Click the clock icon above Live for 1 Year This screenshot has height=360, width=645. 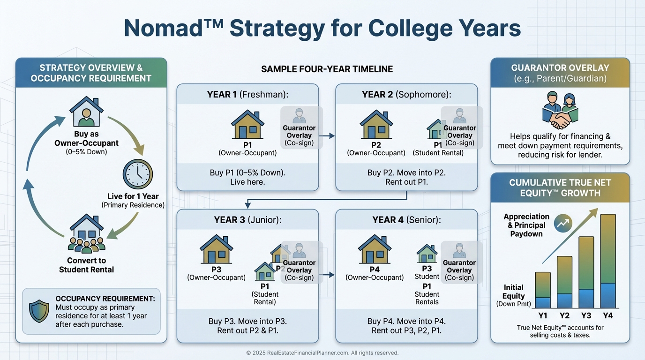point(138,174)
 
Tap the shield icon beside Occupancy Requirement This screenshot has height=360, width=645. point(39,311)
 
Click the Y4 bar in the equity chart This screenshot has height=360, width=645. point(608,261)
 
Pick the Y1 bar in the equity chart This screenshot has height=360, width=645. point(543,290)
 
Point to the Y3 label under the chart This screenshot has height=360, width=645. point(586,315)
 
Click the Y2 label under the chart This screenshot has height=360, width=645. point(564,315)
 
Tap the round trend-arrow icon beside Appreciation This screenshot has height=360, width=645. point(563,223)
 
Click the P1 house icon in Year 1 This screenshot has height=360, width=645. point(247,124)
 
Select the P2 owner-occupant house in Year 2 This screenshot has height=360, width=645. point(376,124)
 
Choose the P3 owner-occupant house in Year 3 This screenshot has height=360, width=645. point(216,249)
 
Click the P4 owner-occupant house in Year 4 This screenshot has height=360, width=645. point(375,249)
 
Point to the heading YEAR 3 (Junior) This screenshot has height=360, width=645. point(247,220)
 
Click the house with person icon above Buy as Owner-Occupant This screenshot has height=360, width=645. point(86,112)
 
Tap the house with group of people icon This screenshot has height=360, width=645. point(86,234)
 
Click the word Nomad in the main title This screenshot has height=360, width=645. point(164,28)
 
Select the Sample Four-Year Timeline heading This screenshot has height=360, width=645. point(327,69)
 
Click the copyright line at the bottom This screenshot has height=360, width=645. point(322,353)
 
